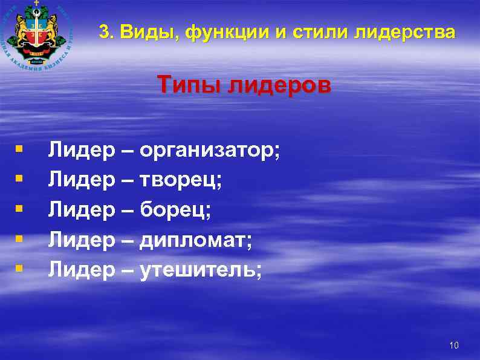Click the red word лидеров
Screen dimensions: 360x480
[x=280, y=86]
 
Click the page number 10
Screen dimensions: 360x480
[x=455, y=345]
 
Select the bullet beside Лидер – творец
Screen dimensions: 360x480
[x=20, y=178]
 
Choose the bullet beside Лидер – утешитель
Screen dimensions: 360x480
[x=20, y=267]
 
